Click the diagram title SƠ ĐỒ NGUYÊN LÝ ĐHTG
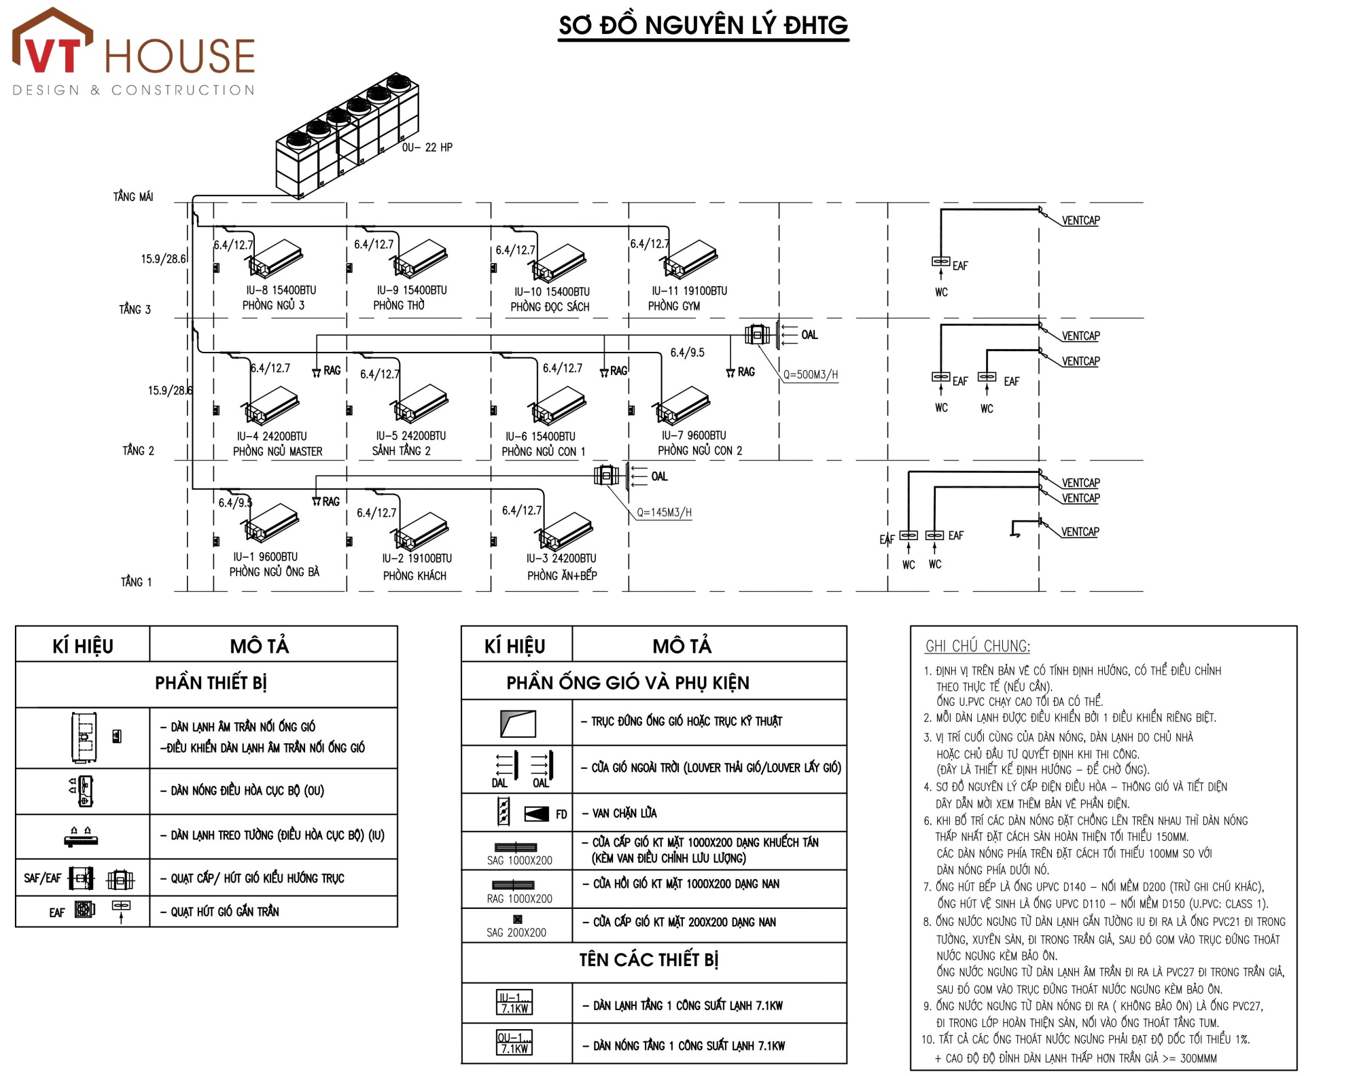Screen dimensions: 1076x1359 [703, 26]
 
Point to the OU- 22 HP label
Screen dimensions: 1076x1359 [427, 147]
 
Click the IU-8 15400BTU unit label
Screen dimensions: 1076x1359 [281, 290]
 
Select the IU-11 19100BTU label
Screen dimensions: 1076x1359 [689, 291]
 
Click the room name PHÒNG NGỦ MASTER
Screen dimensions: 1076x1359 [277, 451]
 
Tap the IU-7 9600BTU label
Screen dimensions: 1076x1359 [694, 435]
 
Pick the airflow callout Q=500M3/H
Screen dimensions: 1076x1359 [811, 374]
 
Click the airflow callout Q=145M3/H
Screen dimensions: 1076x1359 [664, 512]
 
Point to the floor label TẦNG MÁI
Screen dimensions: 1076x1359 [133, 197]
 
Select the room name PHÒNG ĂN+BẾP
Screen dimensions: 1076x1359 [562, 575]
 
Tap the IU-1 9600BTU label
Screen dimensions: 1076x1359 [265, 557]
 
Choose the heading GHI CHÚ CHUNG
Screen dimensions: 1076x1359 [977, 646]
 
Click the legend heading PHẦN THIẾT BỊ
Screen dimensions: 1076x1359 [211, 683]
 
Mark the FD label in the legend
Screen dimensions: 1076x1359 [561, 814]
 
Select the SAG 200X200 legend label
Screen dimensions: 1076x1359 [516, 933]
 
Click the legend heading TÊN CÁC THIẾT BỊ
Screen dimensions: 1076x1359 [648, 960]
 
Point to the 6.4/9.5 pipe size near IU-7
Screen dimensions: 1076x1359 [687, 353]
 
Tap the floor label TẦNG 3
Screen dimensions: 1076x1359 [135, 310]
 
